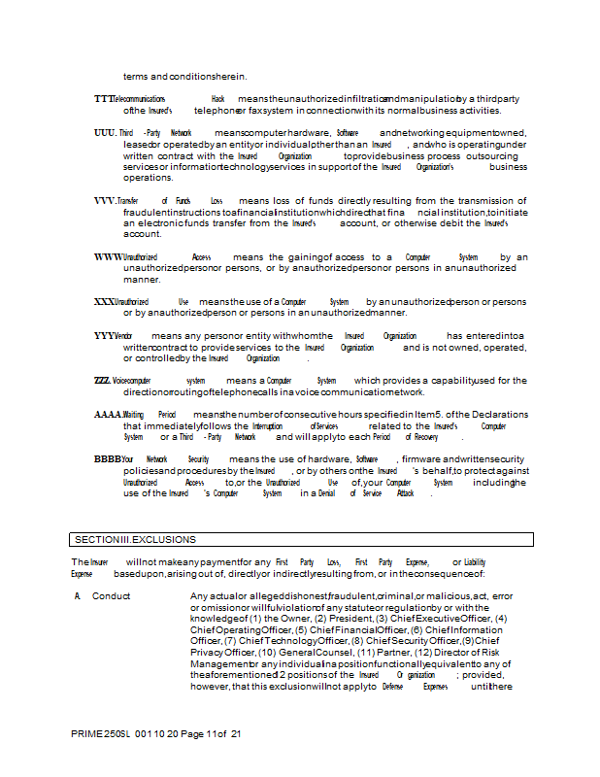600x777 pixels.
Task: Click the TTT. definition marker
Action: point(104,99)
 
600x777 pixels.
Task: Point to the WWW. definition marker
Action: point(108,256)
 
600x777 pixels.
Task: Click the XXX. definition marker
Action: point(104,301)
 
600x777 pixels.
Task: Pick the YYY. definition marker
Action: point(104,335)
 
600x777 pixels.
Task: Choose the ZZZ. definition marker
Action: point(102,380)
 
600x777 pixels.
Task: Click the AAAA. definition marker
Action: point(108,414)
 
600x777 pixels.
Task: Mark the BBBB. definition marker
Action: point(108,458)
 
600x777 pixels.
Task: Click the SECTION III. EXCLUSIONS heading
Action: point(136,539)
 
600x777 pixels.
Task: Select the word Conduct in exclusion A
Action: point(112,595)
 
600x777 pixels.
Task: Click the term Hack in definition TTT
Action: point(217,99)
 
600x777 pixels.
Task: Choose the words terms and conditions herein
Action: point(184,77)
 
